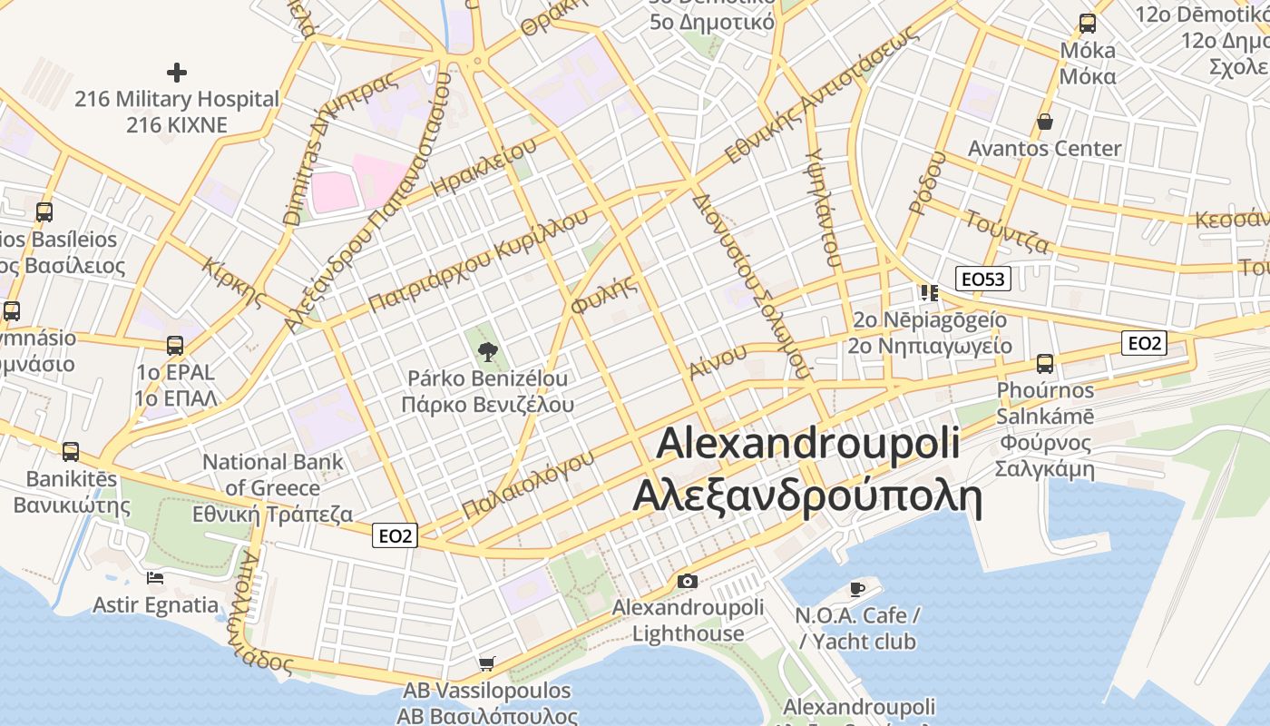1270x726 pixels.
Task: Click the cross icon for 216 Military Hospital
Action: [x=177, y=72]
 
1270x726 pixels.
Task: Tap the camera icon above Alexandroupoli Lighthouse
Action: [x=688, y=581]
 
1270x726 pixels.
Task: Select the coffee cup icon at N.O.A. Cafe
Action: [x=856, y=590]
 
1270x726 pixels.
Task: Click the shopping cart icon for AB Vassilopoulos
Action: [x=487, y=664]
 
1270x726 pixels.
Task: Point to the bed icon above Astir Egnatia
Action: [x=155, y=578]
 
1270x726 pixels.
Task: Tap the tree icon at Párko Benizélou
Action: [x=487, y=351]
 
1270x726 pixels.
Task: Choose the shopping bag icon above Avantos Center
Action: [x=1045, y=122]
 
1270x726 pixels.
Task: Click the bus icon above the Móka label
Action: [x=1087, y=24]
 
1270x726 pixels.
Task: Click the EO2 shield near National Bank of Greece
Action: [x=395, y=536]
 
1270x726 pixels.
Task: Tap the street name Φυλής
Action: [x=603, y=294]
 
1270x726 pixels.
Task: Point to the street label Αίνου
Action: [x=717, y=361]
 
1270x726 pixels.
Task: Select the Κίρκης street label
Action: [x=234, y=282]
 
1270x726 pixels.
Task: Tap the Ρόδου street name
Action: [x=925, y=182]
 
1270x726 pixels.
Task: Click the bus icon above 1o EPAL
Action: [x=175, y=346]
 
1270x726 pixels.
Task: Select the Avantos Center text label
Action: [x=1044, y=148]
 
